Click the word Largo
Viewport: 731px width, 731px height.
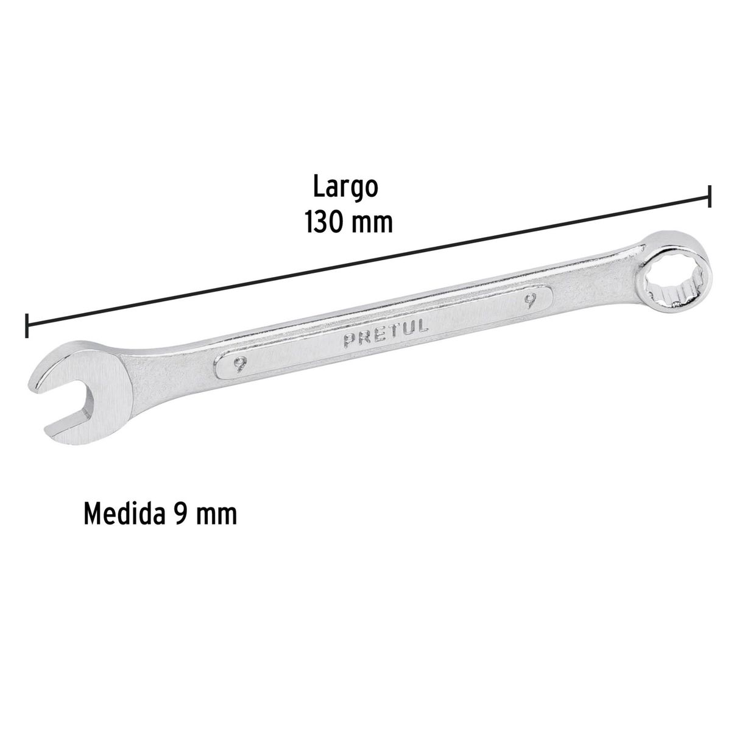pos(345,188)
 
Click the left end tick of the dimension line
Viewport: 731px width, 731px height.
pos(26,325)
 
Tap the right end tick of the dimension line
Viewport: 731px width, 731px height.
pos(708,197)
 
